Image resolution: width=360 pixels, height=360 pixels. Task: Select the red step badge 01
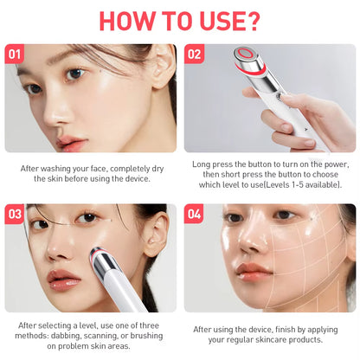coord(15,55)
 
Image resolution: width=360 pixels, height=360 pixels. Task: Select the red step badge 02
coord(195,55)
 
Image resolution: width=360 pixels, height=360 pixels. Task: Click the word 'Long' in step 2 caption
coord(203,163)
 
